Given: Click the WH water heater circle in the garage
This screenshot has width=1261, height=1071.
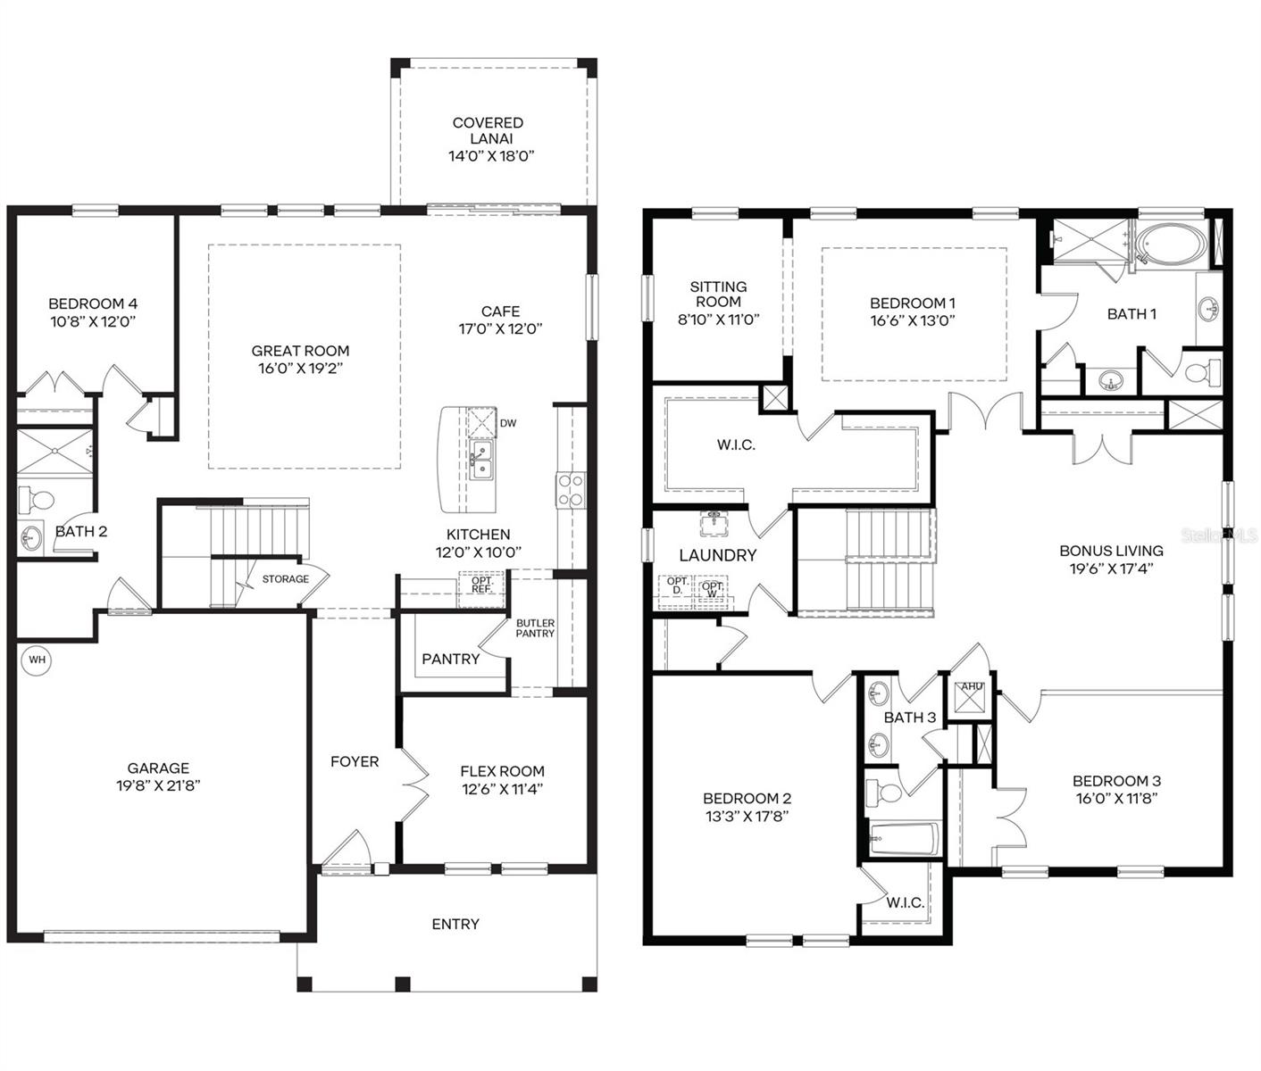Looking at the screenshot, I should tap(37, 660).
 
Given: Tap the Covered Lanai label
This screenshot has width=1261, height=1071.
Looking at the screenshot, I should tap(488, 130).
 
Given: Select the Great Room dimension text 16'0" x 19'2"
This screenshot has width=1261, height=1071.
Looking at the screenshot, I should tap(300, 368).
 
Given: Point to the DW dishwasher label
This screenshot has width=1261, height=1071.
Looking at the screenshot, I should tap(507, 423).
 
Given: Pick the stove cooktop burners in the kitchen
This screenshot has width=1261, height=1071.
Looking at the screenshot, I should tap(570, 490).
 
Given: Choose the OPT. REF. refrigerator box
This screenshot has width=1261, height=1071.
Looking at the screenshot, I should tap(481, 585).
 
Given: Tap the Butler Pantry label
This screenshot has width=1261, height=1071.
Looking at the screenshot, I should tap(535, 628).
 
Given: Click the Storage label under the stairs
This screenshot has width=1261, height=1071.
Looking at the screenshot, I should tap(285, 579).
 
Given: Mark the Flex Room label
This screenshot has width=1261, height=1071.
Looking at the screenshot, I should tap(502, 771).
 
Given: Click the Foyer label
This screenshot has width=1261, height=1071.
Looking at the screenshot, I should tap(355, 761).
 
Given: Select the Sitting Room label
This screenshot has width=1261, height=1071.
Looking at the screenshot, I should tap(718, 294).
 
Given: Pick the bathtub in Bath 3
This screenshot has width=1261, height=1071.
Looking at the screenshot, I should tap(903, 839).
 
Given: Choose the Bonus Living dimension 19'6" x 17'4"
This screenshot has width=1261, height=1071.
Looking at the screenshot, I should tap(1111, 568).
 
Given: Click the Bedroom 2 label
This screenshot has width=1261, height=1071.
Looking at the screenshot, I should tap(747, 799).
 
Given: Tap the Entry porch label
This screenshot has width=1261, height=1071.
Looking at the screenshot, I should tap(455, 924).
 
